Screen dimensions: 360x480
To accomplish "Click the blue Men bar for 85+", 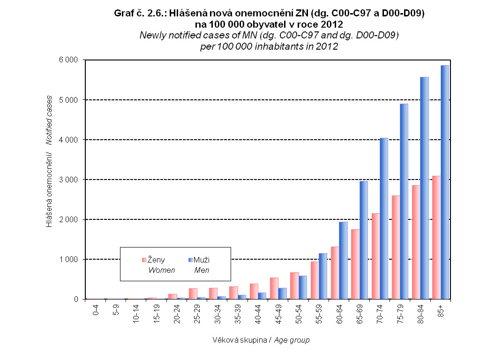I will pos(444,183).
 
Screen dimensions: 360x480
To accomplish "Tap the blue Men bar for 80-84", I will pos(424,188).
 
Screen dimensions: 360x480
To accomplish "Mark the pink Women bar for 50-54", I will pos(294,285).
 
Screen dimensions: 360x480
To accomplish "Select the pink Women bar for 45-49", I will pos(274,288).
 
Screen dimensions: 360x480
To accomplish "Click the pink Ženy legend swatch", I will pos(144,260).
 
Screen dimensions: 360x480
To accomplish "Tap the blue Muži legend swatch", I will pos(190,260).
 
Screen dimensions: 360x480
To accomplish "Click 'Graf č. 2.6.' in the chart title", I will pos(136,14).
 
